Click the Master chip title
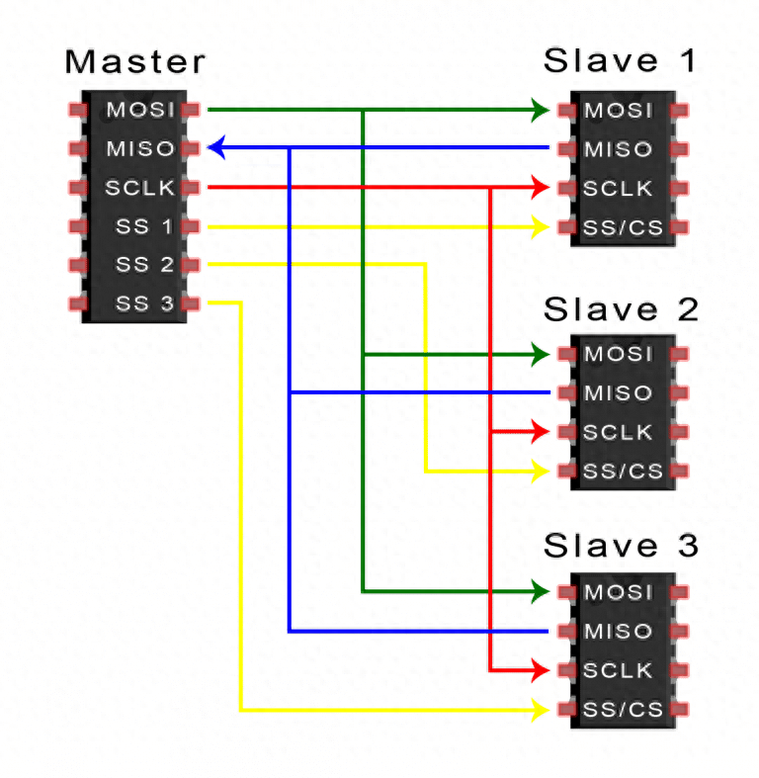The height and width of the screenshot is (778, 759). tap(135, 61)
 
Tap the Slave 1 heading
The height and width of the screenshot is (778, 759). tap(620, 61)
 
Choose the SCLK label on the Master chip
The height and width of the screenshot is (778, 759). tap(139, 187)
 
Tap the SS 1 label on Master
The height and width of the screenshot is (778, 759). tap(144, 226)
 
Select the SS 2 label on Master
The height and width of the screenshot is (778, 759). tap(144, 265)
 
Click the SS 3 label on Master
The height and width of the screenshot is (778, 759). tap(144, 303)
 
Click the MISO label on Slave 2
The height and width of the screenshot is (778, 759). tap(619, 393)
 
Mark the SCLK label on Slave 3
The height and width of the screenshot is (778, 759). tap(619, 670)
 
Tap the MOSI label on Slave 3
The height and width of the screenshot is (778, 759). tap(619, 592)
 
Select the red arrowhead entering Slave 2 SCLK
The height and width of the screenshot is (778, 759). tap(539, 432)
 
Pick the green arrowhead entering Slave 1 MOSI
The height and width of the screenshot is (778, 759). tap(540, 109)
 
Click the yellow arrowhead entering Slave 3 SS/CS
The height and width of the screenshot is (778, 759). tap(540, 710)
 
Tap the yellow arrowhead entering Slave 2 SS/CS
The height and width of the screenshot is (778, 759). tap(540, 472)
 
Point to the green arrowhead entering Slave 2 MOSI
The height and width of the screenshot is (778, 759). tap(540, 354)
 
